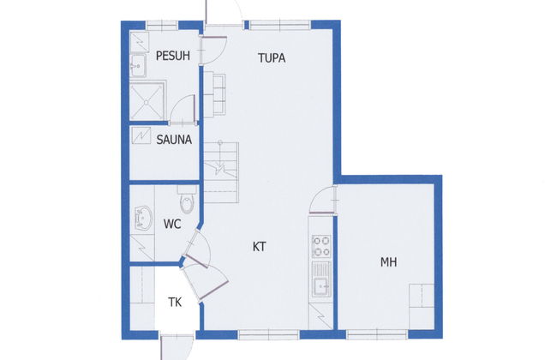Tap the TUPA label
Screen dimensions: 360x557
(x=272, y=58)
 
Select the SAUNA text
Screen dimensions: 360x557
(x=174, y=139)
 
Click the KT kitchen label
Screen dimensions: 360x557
(x=259, y=246)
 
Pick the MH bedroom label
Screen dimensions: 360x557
(x=389, y=262)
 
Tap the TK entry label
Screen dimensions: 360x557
(x=175, y=302)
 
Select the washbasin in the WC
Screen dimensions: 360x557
(x=141, y=219)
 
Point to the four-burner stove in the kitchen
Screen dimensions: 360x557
(x=320, y=247)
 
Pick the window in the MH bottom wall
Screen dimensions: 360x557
(x=386, y=333)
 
